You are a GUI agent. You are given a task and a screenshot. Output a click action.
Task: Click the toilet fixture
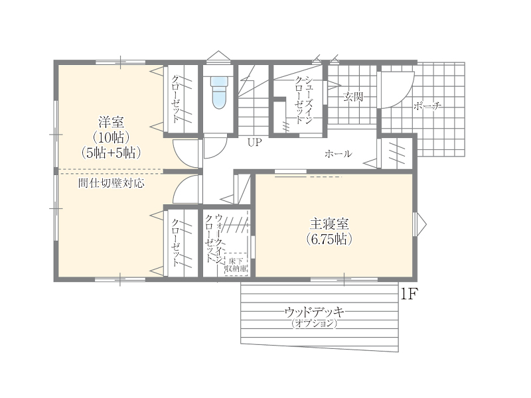[x=220, y=92]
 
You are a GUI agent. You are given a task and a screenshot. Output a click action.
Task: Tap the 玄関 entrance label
[x=353, y=97]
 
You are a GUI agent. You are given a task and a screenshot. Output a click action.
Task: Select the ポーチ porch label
[x=427, y=106]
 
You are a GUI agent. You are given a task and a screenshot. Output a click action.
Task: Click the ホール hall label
[x=338, y=154]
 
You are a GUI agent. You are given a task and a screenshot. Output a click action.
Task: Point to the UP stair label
[x=255, y=142]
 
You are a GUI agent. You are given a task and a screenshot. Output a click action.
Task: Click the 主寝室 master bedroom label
[x=329, y=224]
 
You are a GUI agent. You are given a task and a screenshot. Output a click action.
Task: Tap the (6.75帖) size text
[x=329, y=239]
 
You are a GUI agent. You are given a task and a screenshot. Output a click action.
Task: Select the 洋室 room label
[x=111, y=122]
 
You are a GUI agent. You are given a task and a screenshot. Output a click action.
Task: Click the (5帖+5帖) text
[x=111, y=153]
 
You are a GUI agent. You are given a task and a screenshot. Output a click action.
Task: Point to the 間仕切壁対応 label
[x=111, y=183]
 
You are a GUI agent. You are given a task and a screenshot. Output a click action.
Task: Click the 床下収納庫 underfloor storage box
[x=236, y=264]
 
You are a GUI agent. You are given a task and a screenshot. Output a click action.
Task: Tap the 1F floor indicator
[x=408, y=294]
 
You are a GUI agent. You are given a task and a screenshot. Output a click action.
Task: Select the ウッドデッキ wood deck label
[x=314, y=311]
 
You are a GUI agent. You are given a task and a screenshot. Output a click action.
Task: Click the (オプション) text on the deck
[x=314, y=323]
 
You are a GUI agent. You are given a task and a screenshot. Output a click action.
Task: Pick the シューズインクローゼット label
[x=304, y=100]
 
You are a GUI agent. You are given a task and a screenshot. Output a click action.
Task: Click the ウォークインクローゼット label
[x=214, y=239]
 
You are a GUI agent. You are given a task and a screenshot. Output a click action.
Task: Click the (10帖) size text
[x=111, y=138]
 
